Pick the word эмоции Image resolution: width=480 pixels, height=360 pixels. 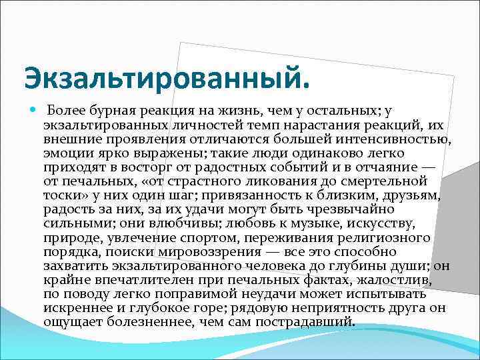[x=64, y=152]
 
